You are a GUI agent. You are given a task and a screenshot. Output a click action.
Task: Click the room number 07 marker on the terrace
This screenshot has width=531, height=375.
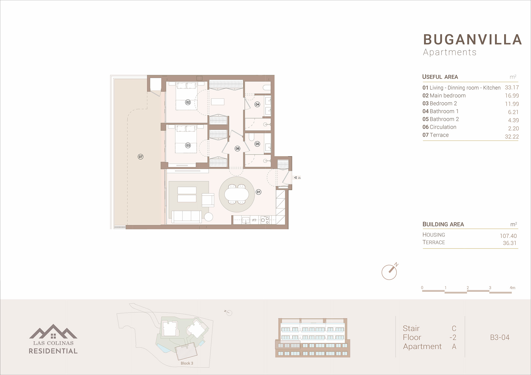pyautogui.click(x=141, y=157)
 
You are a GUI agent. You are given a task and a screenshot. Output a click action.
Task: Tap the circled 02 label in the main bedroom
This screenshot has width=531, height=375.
pyautogui.click(x=188, y=102)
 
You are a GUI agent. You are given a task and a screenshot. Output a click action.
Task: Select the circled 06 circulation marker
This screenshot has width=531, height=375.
pyautogui.click(x=237, y=148)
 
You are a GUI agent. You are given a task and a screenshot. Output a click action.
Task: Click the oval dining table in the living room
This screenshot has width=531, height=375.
pyautogui.click(x=236, y=194)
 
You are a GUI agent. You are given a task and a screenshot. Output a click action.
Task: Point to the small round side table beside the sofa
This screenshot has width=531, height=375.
pyautogui.click(x=209, y=217)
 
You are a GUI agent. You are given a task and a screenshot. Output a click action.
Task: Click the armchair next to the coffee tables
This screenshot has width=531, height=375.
pyautogui.click(x=208, y=200)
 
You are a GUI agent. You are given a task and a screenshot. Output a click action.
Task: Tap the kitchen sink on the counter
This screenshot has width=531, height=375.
pyautogui.click(x=246, y=220)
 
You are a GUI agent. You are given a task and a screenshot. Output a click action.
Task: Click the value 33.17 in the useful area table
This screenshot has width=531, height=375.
pyautogui.click(x=512, y=88)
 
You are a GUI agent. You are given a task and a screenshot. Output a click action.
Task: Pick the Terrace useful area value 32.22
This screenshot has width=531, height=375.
pyautogui.click(x=512, y=137)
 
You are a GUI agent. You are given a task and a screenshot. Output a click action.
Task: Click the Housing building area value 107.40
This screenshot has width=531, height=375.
pyautogui.click(x=508, y=236)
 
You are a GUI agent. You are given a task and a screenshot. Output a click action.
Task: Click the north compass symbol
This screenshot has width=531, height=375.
pyautogui.click(x=390, y=272)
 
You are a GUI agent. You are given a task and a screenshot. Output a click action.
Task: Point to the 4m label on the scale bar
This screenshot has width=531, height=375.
pyautogui.click(x=512, y=288)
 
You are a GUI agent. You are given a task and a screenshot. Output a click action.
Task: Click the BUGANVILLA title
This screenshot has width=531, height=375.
pyautogui.click(x=472, y=40)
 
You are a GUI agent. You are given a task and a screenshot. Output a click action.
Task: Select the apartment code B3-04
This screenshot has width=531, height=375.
pyautogui.click(x=500, y=337)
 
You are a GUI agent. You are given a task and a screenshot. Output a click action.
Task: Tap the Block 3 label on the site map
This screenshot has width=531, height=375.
pyautogui.click(x=187, y=363)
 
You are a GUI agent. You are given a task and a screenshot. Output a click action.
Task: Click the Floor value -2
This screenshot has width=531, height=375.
pyautogui.click(x=453, y=337)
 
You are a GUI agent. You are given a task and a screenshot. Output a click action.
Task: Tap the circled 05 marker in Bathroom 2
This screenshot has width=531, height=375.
pyautogui.click(x=257, y=144)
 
